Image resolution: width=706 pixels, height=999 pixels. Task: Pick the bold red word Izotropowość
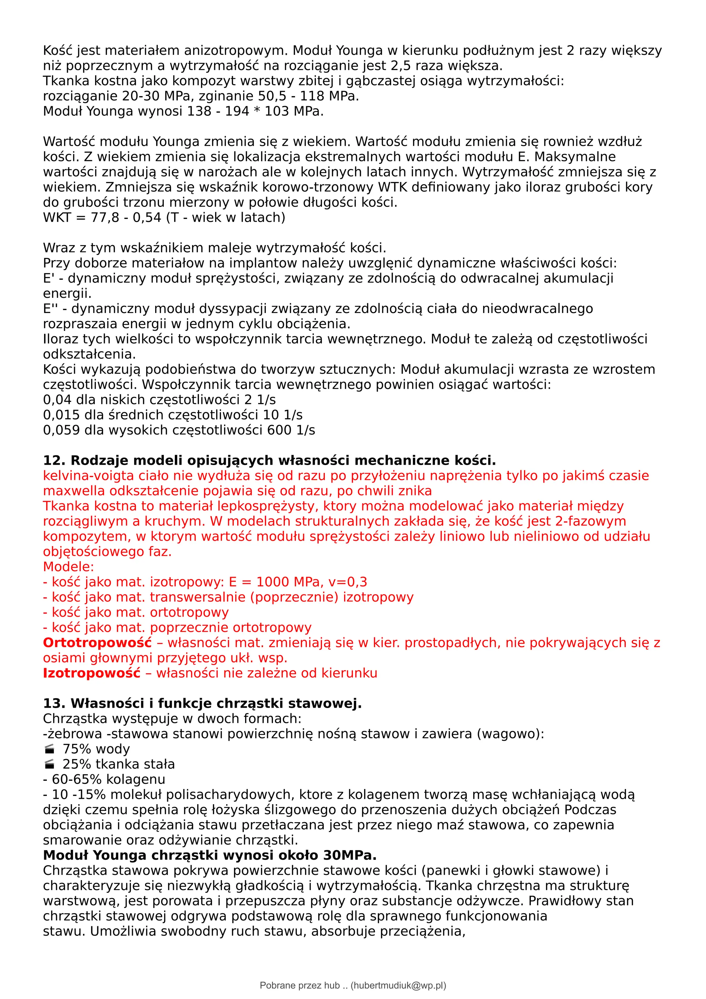tap(92, 673)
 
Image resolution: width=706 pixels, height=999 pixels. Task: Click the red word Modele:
tap(68, 567)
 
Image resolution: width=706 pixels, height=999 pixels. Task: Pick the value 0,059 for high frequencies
tap(61, 430)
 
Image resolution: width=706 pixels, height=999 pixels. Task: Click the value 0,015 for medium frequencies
tap(61, 415)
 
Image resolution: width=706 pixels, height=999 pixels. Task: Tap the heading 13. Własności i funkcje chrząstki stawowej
tap(202, 704)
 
